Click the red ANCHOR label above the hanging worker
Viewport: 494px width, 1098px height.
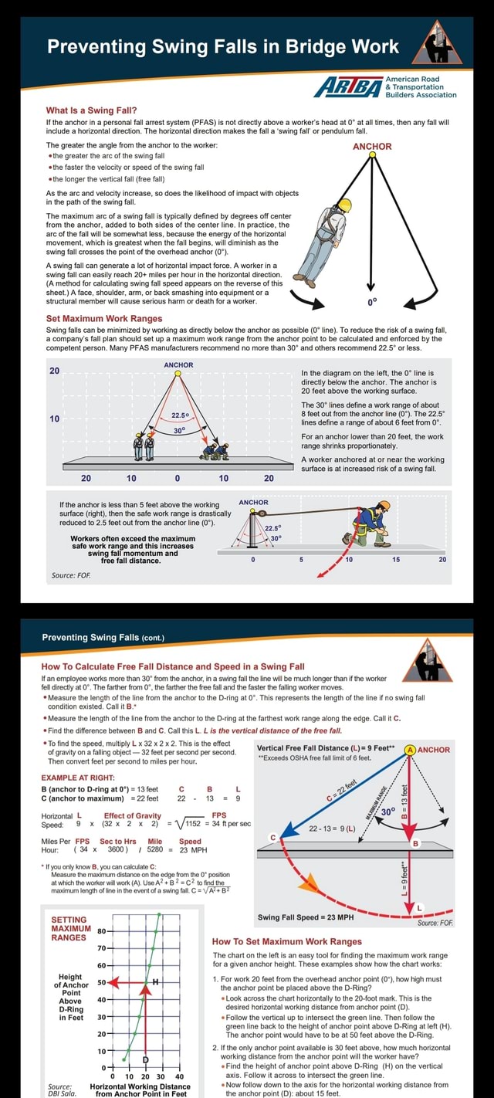pyautogui.click(x=372, y=146)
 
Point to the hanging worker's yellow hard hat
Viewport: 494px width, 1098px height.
pyautogui.click(x=345, y=205)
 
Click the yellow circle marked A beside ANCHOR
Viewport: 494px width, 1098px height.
pyautogui.click(x=410, y=749)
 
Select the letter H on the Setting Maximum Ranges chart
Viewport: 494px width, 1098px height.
pyautogui.click(x=156, y=981)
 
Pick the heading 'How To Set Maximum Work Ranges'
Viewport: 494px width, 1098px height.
pyautogui.click(x=286, y=941)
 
